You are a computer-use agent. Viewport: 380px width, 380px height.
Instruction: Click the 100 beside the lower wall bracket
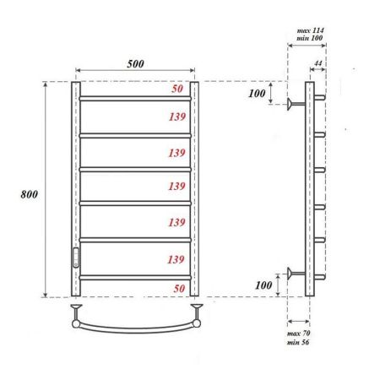262,285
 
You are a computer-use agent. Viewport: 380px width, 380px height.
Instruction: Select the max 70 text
300,337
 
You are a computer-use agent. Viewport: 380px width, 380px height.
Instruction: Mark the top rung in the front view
135,99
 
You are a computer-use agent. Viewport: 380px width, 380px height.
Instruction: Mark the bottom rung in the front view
135,275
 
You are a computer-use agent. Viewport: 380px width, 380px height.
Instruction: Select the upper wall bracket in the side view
295,104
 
